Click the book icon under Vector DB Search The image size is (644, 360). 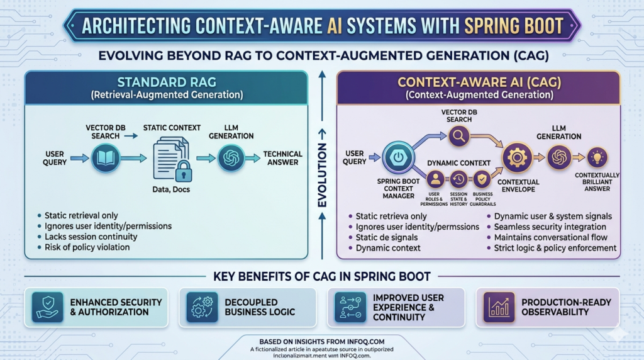105,158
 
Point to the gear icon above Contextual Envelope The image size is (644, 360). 517,157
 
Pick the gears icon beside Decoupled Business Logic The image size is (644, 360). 201,307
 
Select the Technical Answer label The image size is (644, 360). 282,158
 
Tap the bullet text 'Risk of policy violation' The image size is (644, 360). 87,247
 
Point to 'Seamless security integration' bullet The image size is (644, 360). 550,227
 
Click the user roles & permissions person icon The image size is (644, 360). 435,179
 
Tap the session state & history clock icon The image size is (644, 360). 458,179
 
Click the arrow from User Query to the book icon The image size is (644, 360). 78,158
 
